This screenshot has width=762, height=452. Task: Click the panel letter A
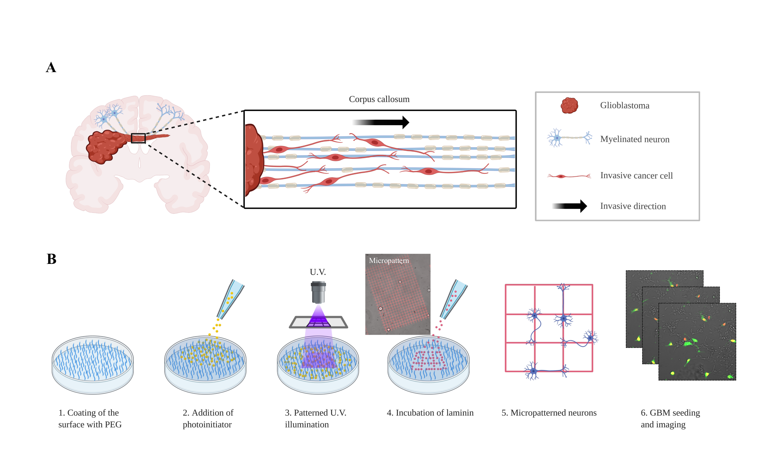51,67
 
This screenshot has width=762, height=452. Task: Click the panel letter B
51,259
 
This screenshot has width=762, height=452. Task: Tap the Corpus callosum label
379,99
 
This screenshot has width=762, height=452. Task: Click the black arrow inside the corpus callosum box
381,122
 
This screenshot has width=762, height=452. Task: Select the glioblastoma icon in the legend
569,106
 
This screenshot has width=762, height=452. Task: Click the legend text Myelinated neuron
634,139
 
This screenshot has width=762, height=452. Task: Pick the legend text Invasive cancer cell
636,176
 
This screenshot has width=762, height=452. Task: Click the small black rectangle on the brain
138,138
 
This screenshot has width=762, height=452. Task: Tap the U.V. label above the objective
318,272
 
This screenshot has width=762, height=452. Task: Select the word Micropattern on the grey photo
389,261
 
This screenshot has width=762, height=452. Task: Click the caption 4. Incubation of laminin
430,413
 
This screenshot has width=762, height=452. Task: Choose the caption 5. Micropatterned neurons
549,413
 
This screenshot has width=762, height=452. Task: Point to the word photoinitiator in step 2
207,424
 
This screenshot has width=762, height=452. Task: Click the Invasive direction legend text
633,206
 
